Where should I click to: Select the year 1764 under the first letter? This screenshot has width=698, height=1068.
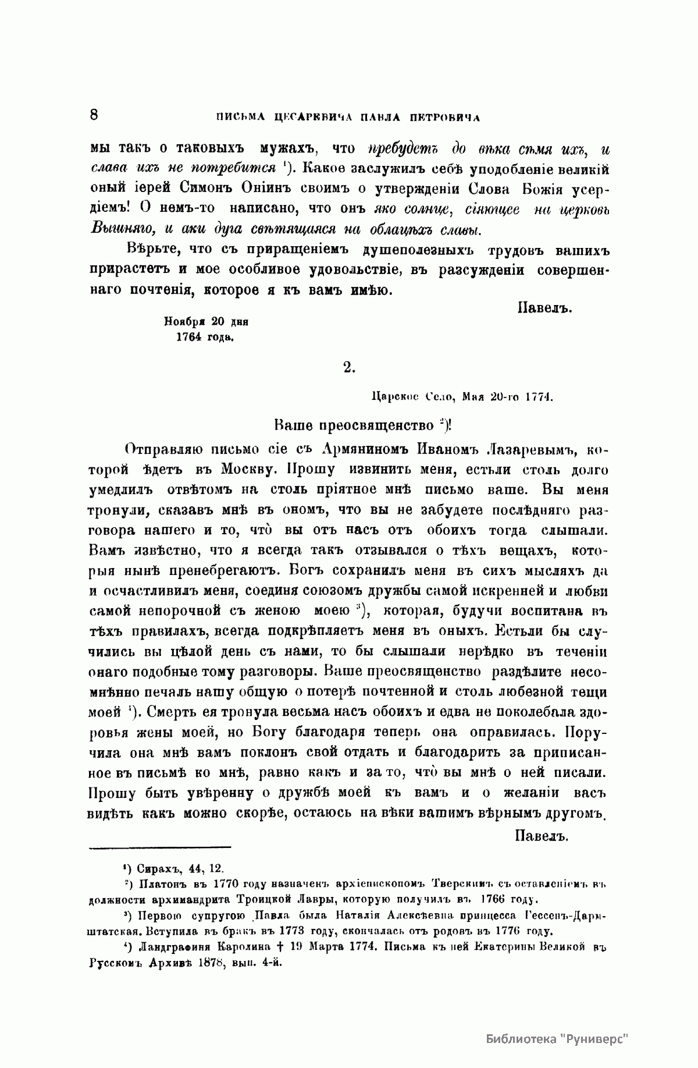tap(189, 336)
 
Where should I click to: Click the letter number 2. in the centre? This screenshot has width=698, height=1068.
tap(349, 367)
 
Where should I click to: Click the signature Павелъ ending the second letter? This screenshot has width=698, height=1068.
tap(541, 836)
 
